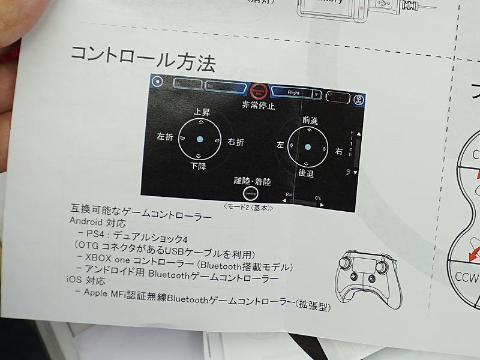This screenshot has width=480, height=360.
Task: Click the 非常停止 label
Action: click(x=259, y=106)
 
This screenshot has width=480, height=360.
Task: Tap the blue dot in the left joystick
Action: click(x=200, y=139)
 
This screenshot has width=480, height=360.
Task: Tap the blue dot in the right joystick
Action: click(x=307, y=147)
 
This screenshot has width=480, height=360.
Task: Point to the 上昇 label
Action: click(x=202, y=112)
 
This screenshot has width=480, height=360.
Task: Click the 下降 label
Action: click(x=199, y=166)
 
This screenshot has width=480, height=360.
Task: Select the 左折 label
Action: click(x=165, y=137)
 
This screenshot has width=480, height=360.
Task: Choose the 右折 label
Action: click(x=236, y=142)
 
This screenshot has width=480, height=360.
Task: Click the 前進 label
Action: click(x=310, y=121)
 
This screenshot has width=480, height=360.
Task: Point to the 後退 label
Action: click(x=306, y=173)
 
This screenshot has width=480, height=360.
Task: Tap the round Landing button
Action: click(x=250, y=193)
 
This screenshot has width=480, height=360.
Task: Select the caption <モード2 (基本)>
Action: click(x=248, y=208)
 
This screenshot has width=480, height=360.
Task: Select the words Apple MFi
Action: click(x=105, y=292)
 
